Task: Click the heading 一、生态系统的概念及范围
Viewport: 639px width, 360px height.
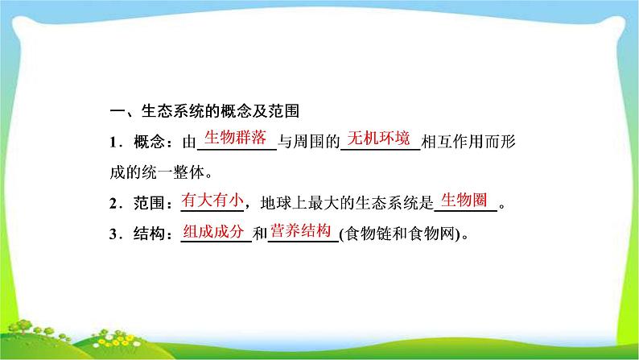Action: pyautogui.click(x=204, y=111)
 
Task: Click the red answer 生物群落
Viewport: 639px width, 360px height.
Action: pyautogui.click(x=235, y=138)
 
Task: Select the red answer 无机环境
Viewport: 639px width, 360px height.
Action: pyautogui.click(x=378, y=139)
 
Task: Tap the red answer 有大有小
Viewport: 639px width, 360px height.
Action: pyautogui.click(x=212, y=200)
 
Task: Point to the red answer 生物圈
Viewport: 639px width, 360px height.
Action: pyautogui.click(x=464, y=200)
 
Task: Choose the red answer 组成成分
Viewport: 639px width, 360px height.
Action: pyautogui.click(x=213, y=231)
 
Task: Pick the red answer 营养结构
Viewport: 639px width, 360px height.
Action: pyautogui.click(x=300, y=231)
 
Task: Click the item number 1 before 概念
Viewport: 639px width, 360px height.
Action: pyautogui.click(x=113, y=143)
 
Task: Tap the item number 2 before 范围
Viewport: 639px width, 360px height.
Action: pyautogui.click(x=113, y=204)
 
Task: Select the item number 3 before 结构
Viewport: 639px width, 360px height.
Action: pyautogui.click(x=113, y=234)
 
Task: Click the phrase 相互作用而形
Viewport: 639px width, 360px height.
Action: pyautogui.click(x=468, y=142)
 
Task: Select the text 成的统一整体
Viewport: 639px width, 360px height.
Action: pyautogui.click(x=156, y=172)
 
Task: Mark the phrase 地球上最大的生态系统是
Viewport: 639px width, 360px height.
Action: pyautogui.click(x=347, y=203)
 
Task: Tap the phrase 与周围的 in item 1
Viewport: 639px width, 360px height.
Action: pyautogui.click(x=308, y=142)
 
